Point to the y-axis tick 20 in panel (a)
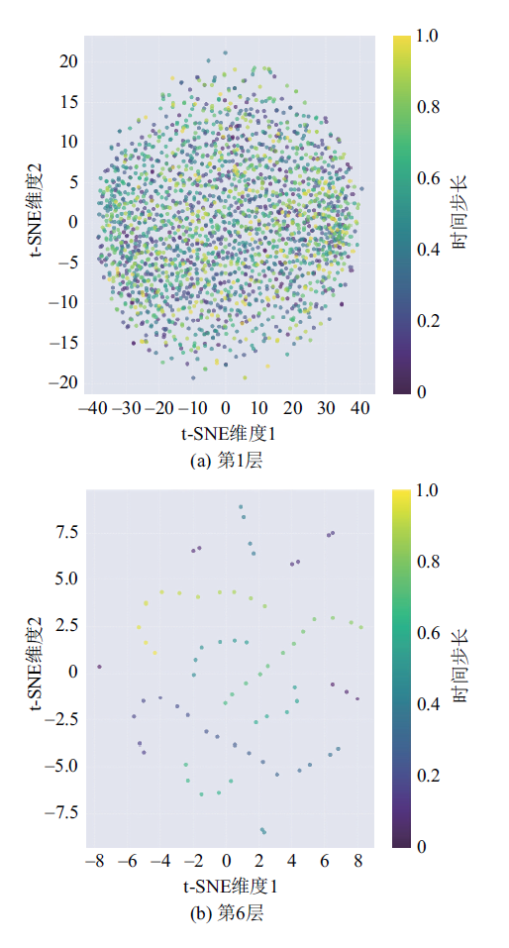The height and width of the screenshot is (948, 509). click(x=69, y=61)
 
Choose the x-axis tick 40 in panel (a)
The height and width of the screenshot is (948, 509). click(x=359, y=410)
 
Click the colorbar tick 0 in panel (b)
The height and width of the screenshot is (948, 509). click(x=421, y=846)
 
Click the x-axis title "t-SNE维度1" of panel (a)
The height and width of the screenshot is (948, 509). click(x=227, y=434)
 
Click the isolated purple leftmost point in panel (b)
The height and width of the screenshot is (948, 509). click(x=99, y=667)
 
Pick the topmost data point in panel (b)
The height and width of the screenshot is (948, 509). click(x=241, y=506)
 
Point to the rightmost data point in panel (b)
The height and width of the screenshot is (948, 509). click(x=360, y=627)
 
